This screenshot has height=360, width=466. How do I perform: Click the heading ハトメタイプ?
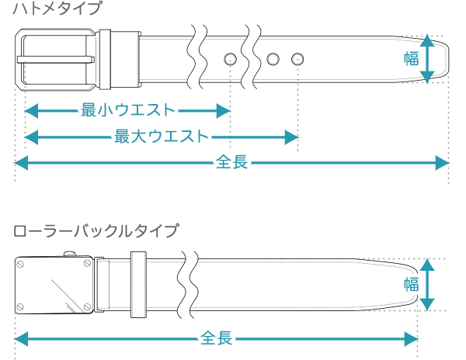pyautogui.click(x=57, y=10)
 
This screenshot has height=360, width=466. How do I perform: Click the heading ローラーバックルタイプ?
pyautogui.click(x=95, y=230)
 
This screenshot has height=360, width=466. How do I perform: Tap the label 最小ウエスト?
pyautogui.click(x=128, y=111)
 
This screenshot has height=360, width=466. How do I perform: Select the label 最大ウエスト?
pyautogui.click(x=162, y=137)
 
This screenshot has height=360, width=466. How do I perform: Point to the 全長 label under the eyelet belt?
pyautogui.click(x=231, y=163)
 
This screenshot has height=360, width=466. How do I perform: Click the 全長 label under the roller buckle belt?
pyautogui.click(x=217, y=339)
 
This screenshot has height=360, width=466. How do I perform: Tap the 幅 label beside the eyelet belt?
pyautogui.click(x=412, y=58)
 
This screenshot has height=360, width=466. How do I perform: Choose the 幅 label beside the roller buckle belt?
pyautogui.click(x=412, y=284)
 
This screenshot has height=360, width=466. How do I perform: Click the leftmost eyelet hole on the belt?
pyautogui.click(x=231, y=59)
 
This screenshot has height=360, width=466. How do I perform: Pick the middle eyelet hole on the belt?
pyautogui.click(x=273, y=59)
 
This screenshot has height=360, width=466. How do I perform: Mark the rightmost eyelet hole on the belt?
pyautogui.click(x=297, y=59)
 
